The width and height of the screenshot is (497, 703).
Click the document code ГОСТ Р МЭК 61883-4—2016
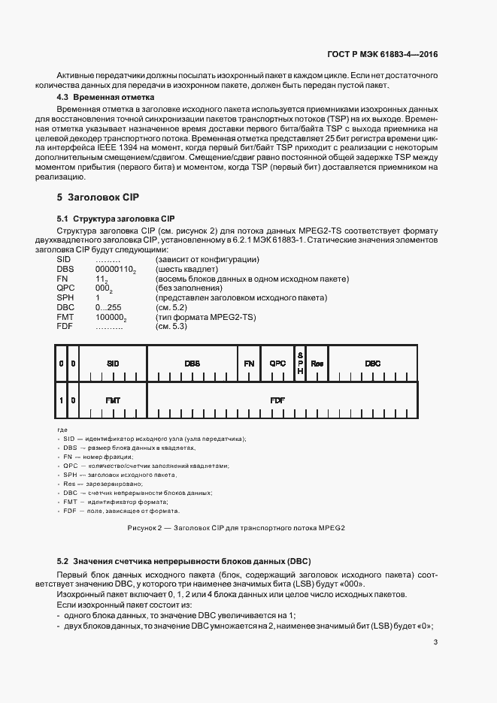coord(383,55)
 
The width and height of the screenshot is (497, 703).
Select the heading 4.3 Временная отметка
coord(106,98)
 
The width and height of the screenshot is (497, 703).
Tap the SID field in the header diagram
coord(113,363)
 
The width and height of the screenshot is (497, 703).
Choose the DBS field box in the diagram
coord(192,363)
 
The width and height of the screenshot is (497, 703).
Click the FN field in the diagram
coord(249,363)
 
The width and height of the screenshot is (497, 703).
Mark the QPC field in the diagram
coord(278,363)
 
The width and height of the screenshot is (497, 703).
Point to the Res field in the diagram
coord(317,363)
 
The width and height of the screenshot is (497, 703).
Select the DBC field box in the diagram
coord(373,363)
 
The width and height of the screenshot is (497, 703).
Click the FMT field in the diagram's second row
coord(113,400)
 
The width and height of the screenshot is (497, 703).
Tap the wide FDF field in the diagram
coord(277,400)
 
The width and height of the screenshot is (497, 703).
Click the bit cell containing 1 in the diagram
coord(61,400)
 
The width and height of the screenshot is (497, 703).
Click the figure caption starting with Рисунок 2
coord(236,528)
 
